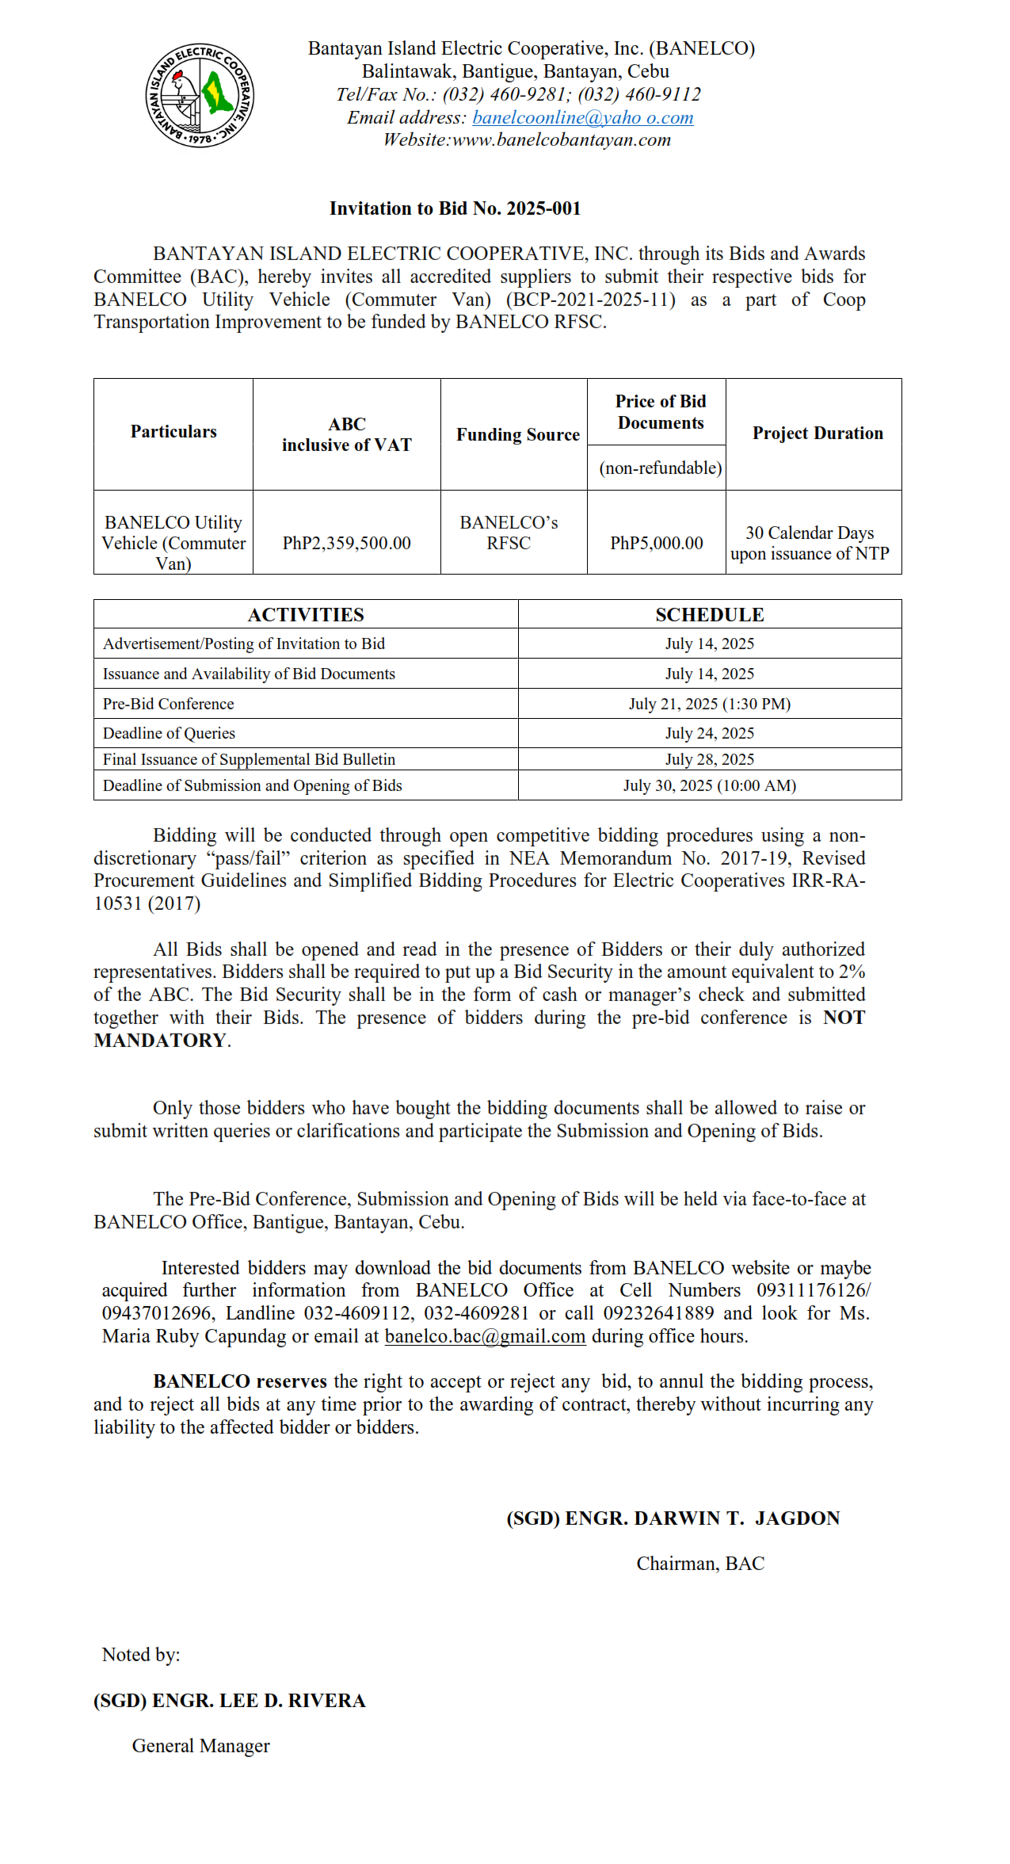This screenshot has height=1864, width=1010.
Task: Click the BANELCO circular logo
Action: tap(200, 95)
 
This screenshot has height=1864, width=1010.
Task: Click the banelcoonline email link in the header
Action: tap(582, 117)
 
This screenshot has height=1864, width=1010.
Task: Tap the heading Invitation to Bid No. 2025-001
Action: tap(455, 208)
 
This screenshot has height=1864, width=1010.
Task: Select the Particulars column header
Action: tap(173, 432)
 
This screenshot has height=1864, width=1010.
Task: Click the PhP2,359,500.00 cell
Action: tap(346, 543)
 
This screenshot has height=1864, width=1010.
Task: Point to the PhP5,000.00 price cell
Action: tap(656, 543)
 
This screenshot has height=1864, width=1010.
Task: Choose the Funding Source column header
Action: tap(517, 434)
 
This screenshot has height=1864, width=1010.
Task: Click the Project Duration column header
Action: tap(817, 433)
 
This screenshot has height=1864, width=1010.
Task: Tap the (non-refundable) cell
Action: tap(660, 468)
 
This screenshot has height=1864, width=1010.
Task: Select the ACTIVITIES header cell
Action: tap(306, 615)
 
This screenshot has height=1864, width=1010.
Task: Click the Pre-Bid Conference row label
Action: tap(169, 704)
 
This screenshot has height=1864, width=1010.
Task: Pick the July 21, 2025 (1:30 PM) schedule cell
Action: tap(709, 704)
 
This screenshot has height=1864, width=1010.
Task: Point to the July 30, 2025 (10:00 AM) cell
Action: tap(709, 785)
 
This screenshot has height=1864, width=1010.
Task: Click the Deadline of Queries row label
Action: tap(169, 733)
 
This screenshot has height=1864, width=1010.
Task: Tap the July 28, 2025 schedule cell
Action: tap(709, 759)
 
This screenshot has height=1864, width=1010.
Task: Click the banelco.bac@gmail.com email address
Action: tap(485, 1336)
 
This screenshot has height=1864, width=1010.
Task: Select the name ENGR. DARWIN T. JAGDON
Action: tap(702, 1518)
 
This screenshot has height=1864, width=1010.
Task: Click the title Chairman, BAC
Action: tap(700, 1564)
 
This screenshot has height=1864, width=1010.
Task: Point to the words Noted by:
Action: tap(141, 1655)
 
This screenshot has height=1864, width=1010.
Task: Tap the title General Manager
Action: tap(200, 1746)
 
